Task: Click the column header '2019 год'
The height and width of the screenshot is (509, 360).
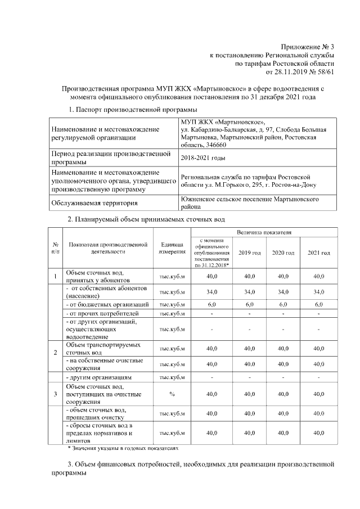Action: pos(249,253)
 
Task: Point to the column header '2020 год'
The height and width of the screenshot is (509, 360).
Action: pos(283,253)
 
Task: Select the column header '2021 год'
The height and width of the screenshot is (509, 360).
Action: pos(318,253)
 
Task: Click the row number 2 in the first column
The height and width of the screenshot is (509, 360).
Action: pos(55,352)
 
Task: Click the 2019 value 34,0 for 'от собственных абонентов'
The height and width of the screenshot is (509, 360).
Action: pos(249,292)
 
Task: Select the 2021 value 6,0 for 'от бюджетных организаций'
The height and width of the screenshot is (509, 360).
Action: pos(318,304)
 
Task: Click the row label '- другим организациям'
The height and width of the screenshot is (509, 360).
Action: pos(98,377)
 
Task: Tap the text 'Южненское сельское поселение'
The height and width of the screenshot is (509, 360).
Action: pos(223,199)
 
